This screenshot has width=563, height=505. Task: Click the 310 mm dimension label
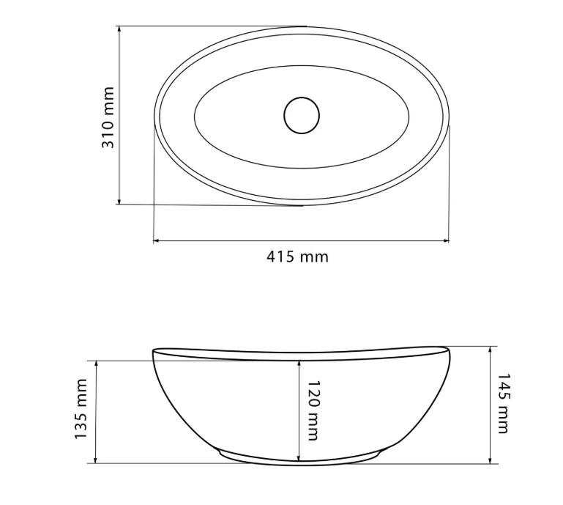(x=108, y=117)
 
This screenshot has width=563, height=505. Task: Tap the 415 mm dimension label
(x=297, y=257)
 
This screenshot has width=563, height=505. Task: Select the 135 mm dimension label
(x=81, y=409)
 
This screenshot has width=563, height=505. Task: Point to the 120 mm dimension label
(x=313, y=410)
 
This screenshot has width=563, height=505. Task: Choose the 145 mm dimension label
(x=503, y=403)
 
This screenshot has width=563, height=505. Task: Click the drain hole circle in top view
(x=302, y=115)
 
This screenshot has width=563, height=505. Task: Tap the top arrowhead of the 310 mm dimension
(x=119, y=29)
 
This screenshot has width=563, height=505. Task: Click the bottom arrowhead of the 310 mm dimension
(x=119, y=202)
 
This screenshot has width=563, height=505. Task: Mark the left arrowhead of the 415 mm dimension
(x=157, y=241)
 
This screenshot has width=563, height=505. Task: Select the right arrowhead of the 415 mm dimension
(x=445, y=241)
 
